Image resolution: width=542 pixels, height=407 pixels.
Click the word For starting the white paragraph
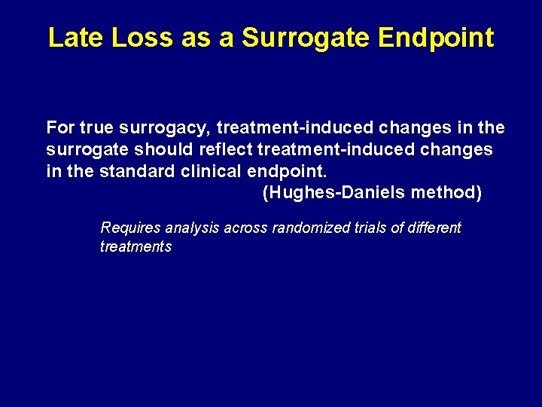[60, 127]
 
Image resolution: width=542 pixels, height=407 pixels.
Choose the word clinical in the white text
[212, 171]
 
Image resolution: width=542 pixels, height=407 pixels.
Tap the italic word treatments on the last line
[135, 246]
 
